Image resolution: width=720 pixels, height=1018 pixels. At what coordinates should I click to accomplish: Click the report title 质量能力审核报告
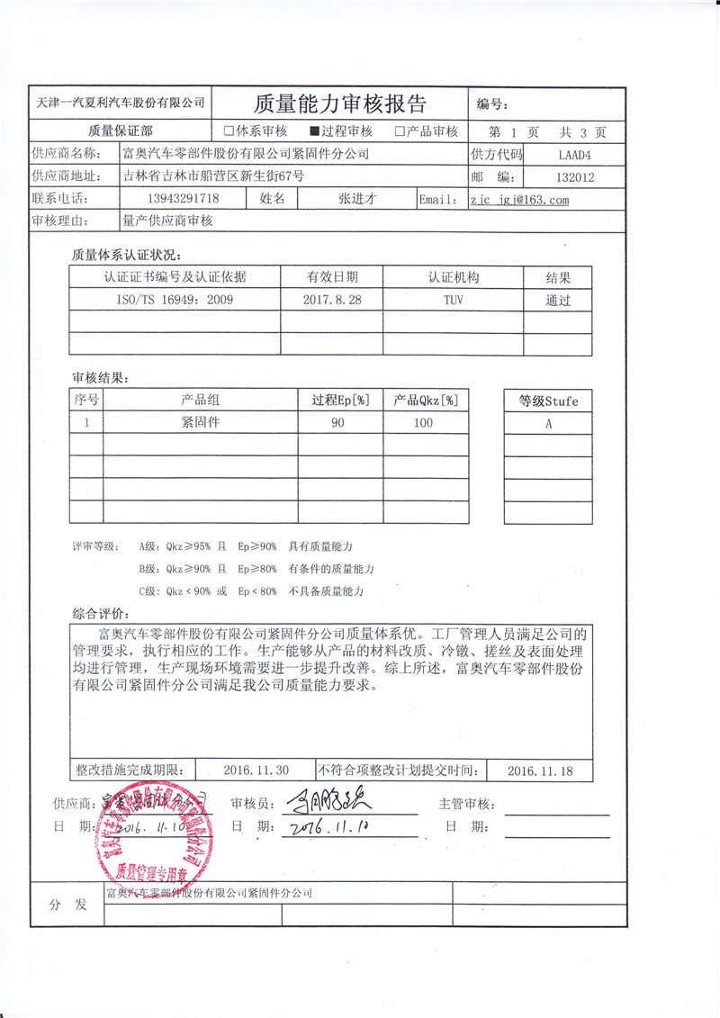340,102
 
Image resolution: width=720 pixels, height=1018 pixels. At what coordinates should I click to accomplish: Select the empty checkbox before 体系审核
229,131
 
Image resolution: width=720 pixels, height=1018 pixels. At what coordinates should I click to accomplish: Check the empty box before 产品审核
399,131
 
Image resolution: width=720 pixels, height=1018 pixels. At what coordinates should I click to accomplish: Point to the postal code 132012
576,177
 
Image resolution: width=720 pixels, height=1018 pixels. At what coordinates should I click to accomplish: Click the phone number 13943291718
181,199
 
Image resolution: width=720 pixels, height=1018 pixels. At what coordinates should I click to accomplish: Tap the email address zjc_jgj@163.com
519,200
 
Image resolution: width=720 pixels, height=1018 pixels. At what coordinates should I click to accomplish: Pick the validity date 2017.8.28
332,300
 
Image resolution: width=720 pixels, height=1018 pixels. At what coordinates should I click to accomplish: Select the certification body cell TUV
453,300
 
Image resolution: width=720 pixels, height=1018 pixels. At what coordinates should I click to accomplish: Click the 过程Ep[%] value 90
337,422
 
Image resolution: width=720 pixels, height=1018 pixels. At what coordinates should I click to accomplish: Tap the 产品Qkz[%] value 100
423,422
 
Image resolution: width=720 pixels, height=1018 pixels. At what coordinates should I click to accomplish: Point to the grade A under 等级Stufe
548,423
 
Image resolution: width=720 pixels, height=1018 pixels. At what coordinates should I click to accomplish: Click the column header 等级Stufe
548,401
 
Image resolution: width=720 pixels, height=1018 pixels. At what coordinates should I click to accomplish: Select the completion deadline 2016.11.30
256,770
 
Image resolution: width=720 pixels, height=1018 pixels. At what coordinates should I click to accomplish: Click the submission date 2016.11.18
540,770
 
